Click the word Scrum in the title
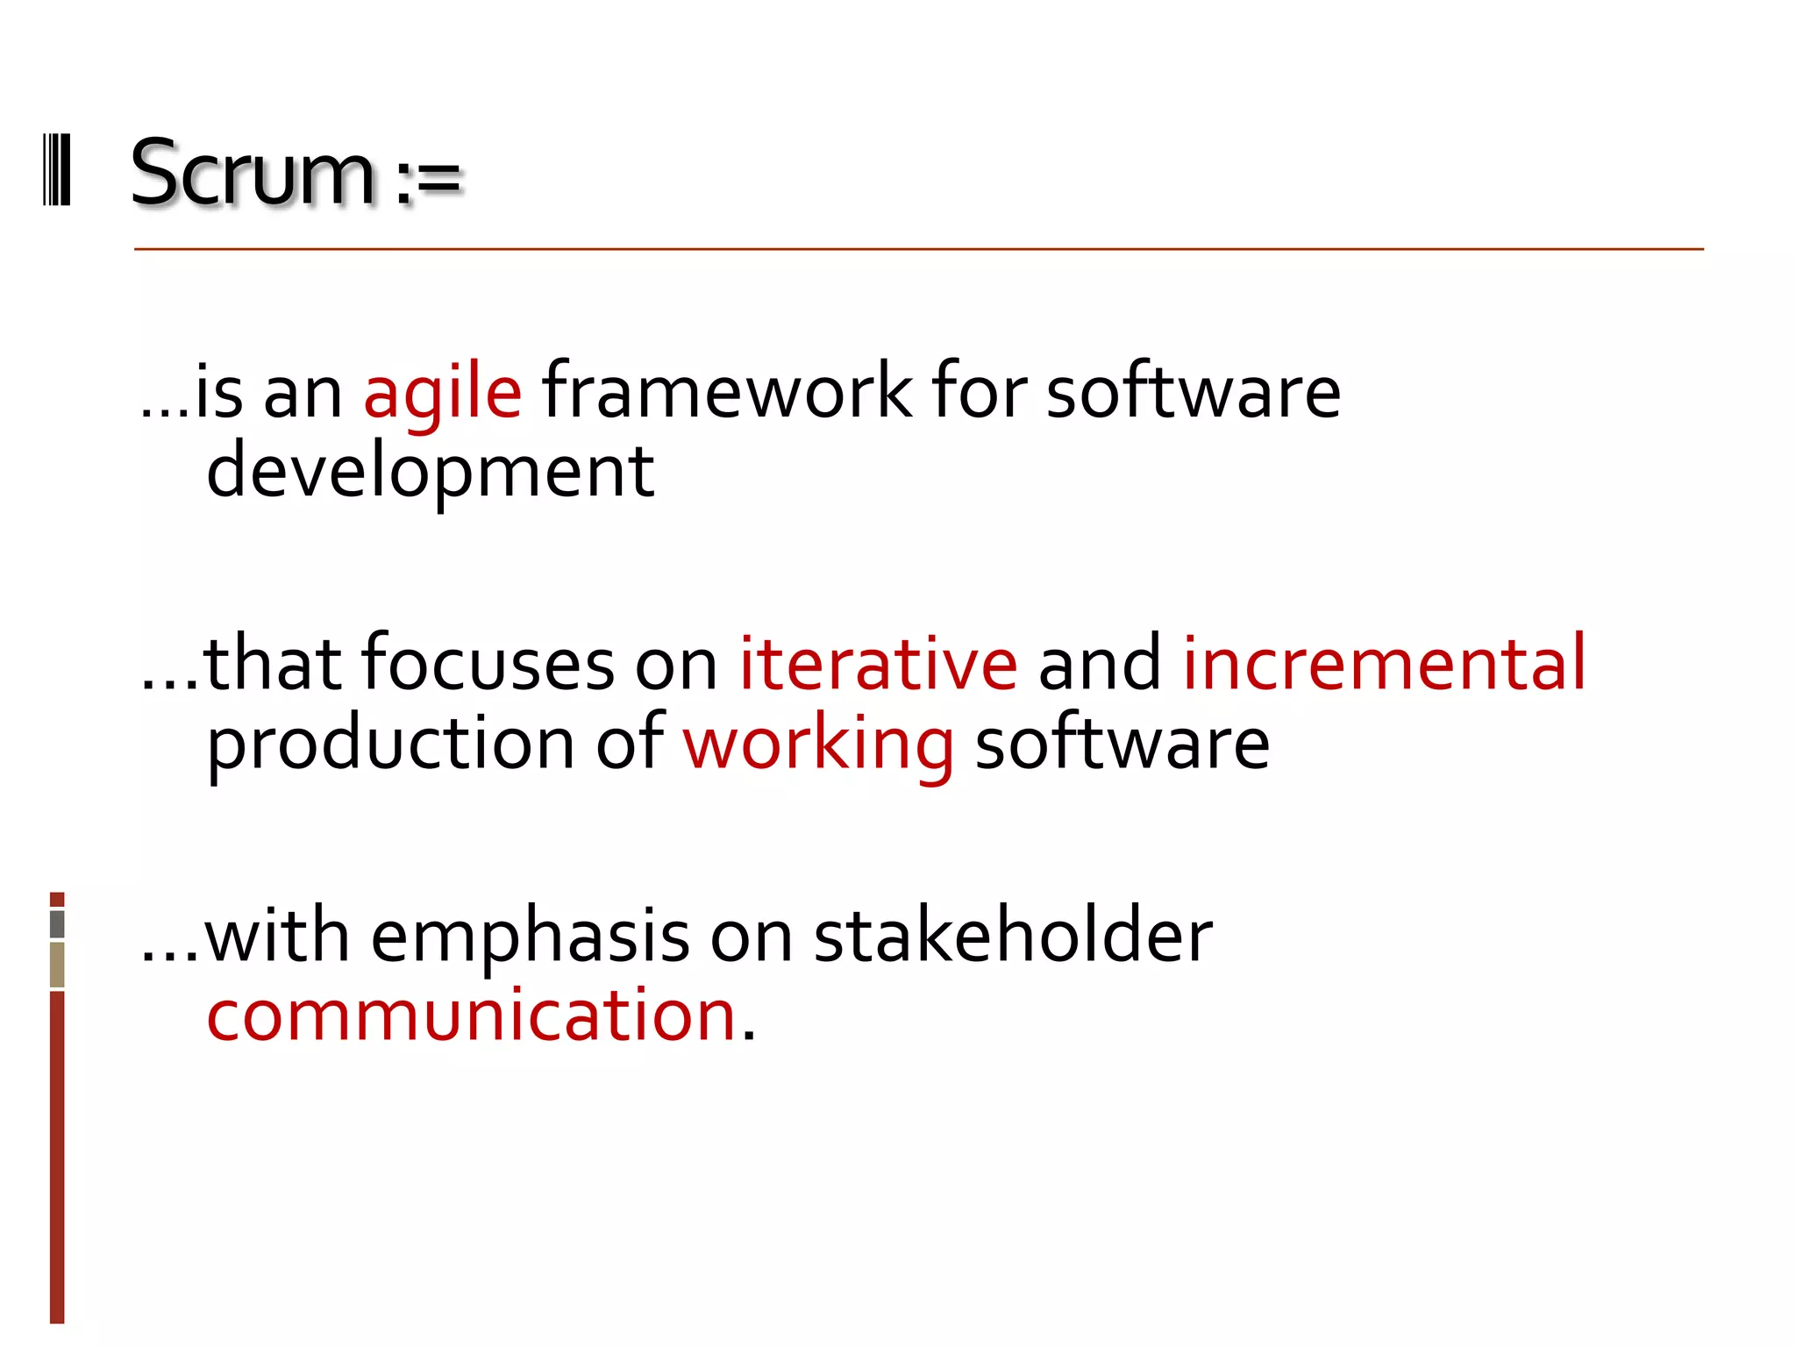252,173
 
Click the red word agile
443,394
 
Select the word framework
727,391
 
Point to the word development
430,472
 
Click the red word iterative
878,664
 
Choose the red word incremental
1384,664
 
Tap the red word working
818,745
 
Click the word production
390,745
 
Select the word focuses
488,664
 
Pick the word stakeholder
1013,936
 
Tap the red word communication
471,1016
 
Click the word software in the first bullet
1193,391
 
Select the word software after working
1122,744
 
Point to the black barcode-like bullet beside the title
57,170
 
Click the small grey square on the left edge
57,924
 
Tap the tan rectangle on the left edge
57,964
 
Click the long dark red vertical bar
57,1158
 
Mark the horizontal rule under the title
918,250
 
